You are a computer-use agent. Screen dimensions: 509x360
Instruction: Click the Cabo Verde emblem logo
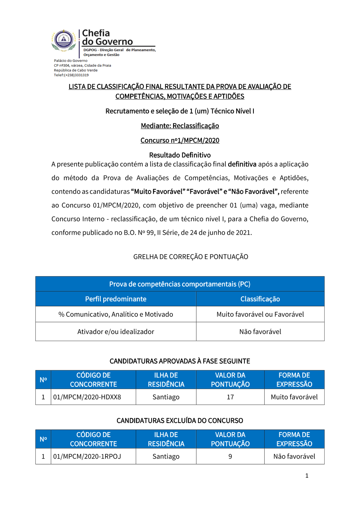pos(64,40)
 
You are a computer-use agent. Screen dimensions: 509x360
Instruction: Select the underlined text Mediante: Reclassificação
pos(180,126)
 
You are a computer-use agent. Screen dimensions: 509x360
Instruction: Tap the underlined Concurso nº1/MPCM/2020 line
pos(180,140)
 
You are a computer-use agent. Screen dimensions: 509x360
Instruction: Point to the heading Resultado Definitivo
pos(180,155)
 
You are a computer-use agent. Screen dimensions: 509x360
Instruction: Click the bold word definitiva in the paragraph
pos(242,164)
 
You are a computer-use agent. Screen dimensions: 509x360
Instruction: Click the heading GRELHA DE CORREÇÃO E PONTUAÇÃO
pos(190,257)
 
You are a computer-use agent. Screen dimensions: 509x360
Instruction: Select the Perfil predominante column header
pos(116,299)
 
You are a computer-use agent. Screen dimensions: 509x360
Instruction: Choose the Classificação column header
pos(260,299)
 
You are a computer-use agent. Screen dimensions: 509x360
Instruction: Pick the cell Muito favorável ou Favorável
pos(260,314)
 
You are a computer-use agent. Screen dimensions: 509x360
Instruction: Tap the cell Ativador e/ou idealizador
pos(116,332)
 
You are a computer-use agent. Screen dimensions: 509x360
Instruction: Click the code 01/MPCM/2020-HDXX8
pos(87,397)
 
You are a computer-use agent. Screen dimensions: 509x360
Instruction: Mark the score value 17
pos(230,397)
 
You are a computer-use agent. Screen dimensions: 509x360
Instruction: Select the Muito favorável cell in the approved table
pos(294,397)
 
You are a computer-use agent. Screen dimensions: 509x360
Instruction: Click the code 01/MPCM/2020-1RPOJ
pos(87,456)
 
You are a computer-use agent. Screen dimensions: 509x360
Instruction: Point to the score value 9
pos(230,456)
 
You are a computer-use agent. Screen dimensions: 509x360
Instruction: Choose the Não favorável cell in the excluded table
pos(294,456)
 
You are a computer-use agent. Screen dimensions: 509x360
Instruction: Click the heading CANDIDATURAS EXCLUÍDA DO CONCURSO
pos(180,420)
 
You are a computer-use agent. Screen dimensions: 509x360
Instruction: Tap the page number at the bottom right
pos(307,476)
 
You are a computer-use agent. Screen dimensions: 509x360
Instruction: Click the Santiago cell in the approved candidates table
pos(166,397)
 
